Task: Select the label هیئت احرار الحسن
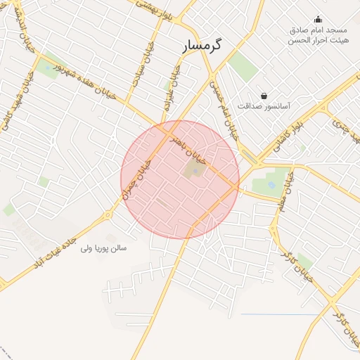click(x=317, y=41)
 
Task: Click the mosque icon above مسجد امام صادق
click(x=318, y=19)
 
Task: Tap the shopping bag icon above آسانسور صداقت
click(x=264, y=96)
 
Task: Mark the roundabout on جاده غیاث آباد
click(x=108, y=215)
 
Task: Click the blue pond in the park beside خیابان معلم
click(x=271, y=186)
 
